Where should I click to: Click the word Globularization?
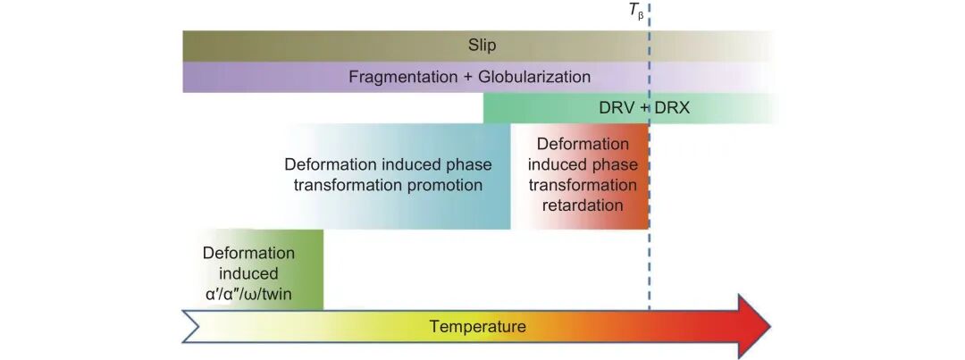tap(534, 77)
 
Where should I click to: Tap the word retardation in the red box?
tap(583, 205)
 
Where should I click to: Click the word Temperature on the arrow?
tap(477, 326)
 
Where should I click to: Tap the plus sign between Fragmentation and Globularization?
tap(466, 77)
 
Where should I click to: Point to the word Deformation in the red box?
tap(583, 144)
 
